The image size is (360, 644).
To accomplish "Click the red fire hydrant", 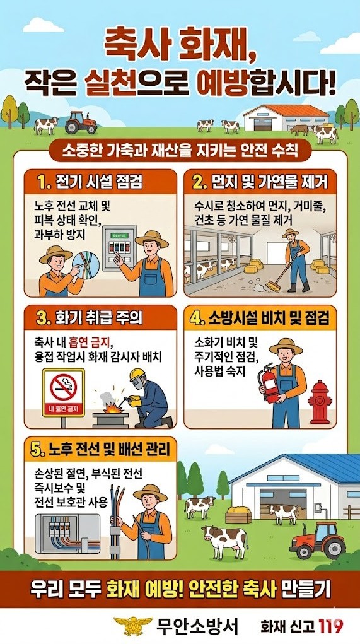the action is tap(320, 402).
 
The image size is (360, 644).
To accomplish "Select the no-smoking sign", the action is tap(63, 392).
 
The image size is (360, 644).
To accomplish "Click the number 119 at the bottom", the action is tap(330, 626).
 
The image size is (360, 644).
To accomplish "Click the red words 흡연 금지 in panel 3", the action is tap(91, 342).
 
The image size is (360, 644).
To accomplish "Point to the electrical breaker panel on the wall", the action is tap(119, 248).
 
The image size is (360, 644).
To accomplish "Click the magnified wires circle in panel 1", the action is tap(85, 263).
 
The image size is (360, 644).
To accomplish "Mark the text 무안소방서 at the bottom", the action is tap(197, 626).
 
